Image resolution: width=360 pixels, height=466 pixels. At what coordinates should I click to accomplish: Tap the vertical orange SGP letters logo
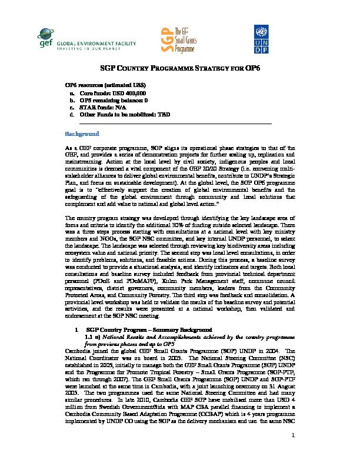166,41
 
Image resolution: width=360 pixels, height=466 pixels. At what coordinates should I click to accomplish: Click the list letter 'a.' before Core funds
72,93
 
